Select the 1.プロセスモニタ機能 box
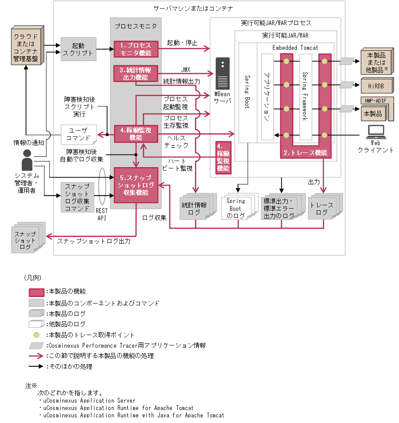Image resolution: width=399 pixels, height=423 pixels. pos(136,49)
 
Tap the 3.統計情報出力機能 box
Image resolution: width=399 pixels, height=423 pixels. pos(136,73)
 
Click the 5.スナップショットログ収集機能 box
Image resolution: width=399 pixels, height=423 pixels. pos(136,185)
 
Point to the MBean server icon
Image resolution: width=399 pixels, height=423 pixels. pos(223,74)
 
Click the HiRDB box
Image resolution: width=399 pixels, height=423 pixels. pos(376,86)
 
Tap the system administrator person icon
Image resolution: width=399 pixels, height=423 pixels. pos(27,160)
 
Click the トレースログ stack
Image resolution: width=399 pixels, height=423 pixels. pos(321,209)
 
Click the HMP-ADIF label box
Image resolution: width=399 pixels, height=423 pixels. pos(376,100)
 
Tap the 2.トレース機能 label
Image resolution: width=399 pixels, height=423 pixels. pos(305,152)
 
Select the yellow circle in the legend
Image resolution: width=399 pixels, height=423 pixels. pos(36,335)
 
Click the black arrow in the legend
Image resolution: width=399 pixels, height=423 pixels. pos(36,366)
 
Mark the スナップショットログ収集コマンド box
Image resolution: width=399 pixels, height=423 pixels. pos(78,197)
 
